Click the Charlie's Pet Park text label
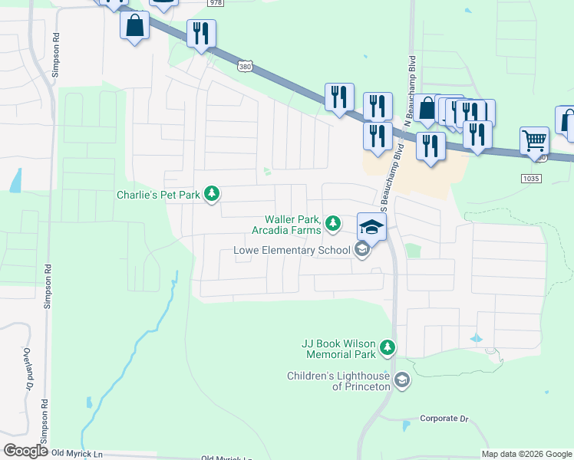(x=158, y=195)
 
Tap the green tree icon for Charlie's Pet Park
(x=213, y=195)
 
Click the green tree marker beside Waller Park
(x=332, y=224)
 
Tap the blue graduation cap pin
(x=371, y=227)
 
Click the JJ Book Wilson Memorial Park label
(x=339, y=349)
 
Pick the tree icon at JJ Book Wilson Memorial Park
(x=388, y=349)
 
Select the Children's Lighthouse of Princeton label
(x=338, y=381)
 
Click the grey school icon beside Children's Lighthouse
(x=401, y=380)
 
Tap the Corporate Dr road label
(x=444, y=419)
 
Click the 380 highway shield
(x=245, y=67)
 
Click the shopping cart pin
(x=534, y=142)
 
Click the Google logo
(x=26, y=451)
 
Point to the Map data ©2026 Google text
(x=526, y=454)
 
